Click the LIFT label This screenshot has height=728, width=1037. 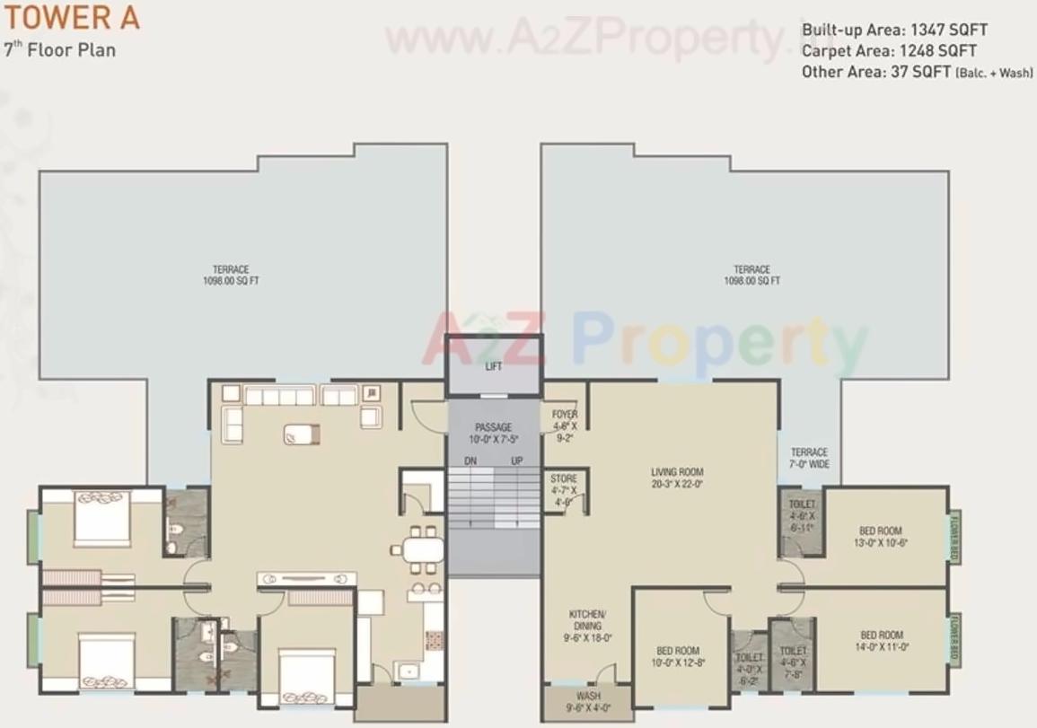pos(494,366)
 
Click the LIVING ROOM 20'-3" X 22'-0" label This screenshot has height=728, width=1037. pos(677,477)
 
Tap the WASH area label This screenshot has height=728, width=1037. pos(589,701)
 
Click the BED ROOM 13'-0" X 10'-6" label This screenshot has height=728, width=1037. pos(880,536)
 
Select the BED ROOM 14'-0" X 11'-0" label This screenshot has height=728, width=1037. pos(881,640)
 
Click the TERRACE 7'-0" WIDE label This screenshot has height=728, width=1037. pos(809,458)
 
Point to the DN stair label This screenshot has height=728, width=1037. pos(470,460)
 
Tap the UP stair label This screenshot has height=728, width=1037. pos(517,460)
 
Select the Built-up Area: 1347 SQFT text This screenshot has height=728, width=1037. pos(894,30)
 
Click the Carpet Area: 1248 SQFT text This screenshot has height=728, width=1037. pos(889,51)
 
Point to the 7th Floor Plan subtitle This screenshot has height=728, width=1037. pos(59,48)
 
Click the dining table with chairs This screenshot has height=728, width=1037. pos(418,549)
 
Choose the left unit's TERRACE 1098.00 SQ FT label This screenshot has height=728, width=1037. pos(231,275)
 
